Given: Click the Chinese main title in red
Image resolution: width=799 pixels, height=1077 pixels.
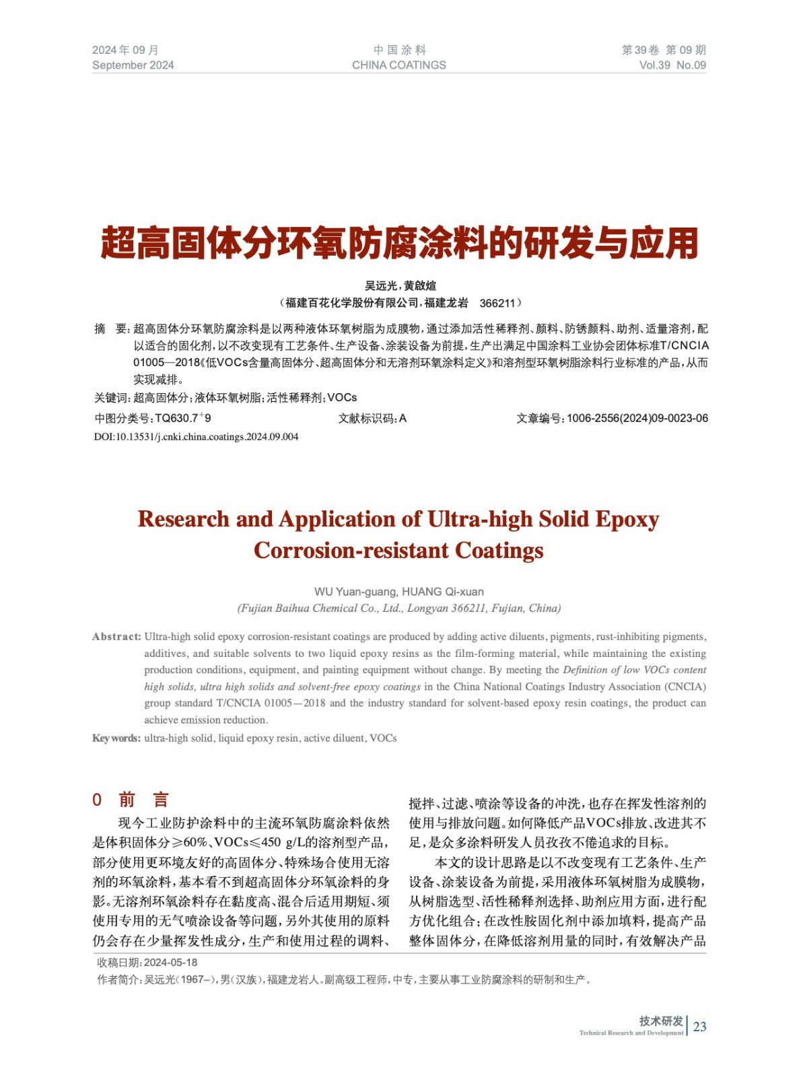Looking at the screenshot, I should pos(399,244).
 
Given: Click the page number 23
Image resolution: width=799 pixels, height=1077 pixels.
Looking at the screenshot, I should pos(699,1027).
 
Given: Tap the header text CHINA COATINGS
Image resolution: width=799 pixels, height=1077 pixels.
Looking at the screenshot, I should pos(398,65).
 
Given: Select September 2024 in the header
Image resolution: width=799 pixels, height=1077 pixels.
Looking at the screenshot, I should pos(133,65).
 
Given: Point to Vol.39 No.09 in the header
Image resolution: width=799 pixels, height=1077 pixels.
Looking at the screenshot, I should pos(672,65).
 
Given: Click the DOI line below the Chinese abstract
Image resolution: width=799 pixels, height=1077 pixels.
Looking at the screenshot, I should pos(196,437).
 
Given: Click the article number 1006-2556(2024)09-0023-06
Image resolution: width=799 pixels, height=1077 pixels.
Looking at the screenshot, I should pos(637,418).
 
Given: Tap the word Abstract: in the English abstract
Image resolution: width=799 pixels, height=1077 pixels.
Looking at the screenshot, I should pos(116,637).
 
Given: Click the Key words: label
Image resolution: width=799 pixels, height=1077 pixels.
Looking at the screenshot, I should pos(116,738).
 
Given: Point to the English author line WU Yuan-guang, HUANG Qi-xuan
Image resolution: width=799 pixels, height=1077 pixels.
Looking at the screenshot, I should pos(398,592).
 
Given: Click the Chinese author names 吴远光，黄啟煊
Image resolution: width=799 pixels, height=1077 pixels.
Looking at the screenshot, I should pos(400,285).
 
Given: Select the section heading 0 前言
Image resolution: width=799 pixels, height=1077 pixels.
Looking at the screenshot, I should pos(131,800).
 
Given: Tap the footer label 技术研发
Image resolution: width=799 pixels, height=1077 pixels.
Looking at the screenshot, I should pos(661,1021).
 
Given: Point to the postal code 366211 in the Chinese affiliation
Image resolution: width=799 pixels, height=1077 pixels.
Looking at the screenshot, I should pos(497,303).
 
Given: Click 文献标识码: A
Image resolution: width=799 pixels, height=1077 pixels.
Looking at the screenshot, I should pos(372,418).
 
